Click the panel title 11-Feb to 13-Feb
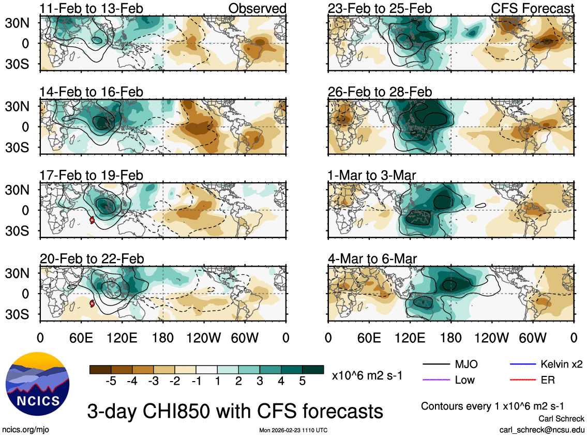[92, 8]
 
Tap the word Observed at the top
[257, 8]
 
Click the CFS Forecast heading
[533, 8]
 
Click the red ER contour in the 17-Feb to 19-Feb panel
[92, 220]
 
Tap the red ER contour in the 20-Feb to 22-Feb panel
[92, 303]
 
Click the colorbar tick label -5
[110, 381]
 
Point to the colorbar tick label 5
[302, 381]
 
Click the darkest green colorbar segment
[313, 369]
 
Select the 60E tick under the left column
[81, 338]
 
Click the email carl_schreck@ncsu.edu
[541, 430]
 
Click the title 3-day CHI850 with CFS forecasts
[235, 412]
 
